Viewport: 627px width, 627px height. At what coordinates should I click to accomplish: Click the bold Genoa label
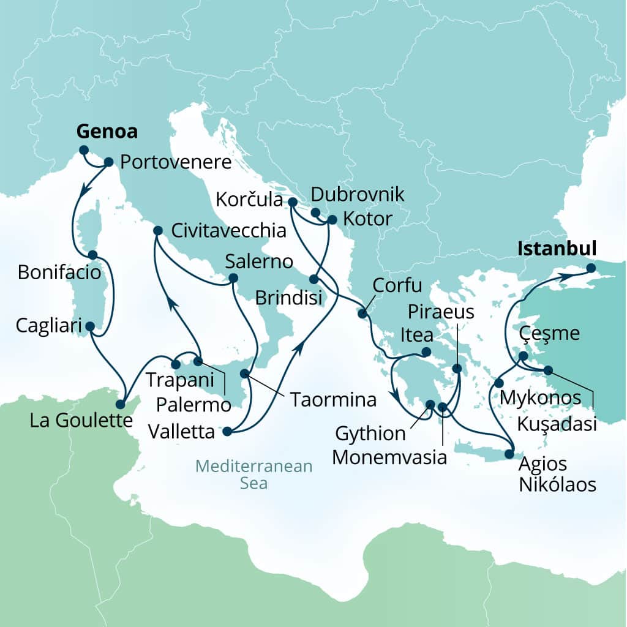[x=107, y=132]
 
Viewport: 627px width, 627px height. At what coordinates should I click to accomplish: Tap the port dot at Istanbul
[x=590, y=268]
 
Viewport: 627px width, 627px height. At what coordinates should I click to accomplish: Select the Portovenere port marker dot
[x=109, y=162]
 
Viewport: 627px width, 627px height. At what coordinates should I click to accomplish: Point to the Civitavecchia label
[x=228, y=231]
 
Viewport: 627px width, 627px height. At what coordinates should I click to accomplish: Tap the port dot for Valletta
[x=227, y=432]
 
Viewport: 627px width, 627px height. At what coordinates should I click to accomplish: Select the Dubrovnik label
[x=358, y=195]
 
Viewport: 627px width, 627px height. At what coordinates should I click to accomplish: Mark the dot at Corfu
[x=361, y=313]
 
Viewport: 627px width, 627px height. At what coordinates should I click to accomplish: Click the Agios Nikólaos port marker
[x=509, y=454]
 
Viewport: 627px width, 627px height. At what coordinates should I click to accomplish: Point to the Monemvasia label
[x=391, y=457]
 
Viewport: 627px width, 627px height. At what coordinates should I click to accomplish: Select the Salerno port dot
[x=233, y=279]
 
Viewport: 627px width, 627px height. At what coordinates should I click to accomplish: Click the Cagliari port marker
[x=90, y=326]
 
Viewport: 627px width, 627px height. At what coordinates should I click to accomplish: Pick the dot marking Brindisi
[x=313, y=279]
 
